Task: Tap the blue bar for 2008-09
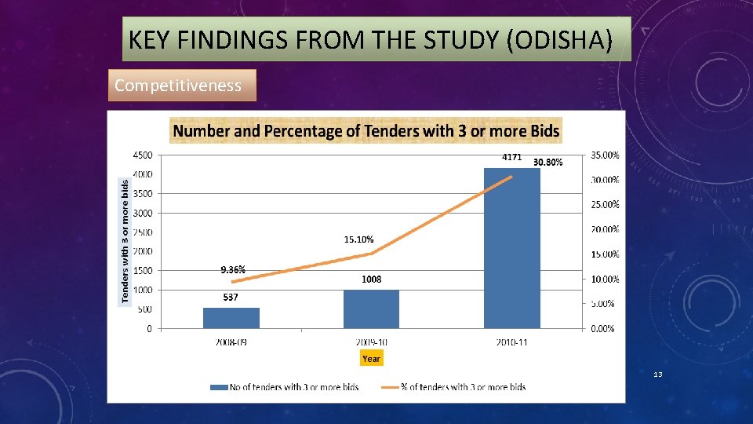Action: (x=231, y=317)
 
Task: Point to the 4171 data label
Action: (x=511, y=157)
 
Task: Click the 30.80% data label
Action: (x=547, y=162)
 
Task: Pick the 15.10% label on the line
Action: (x=358, y=239)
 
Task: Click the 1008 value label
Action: (x=371, y=280)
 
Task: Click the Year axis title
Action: (x=371, y=359)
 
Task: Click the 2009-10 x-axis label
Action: (x=371, y=342)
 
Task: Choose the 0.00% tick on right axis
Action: (x=602, y=329)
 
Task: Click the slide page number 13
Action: (x=658, y=375)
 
